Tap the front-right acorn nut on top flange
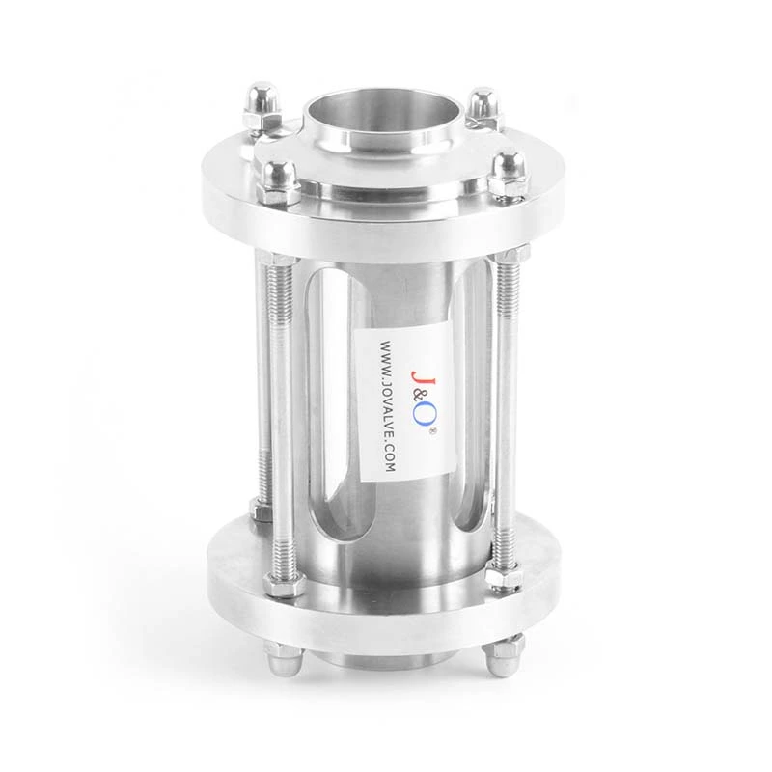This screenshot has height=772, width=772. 505,174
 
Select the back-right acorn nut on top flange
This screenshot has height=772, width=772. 482,106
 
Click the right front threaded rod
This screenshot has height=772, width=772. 506,405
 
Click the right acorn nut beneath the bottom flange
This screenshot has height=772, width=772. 503,655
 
